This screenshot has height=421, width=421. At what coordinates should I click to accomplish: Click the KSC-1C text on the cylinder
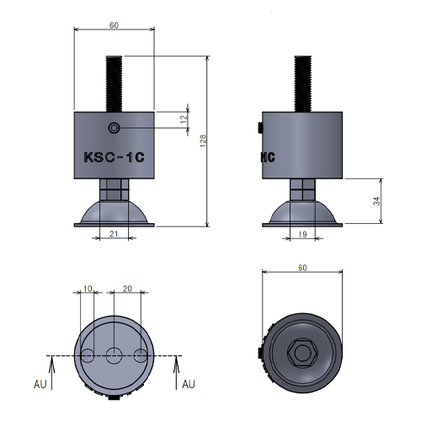[115, 157]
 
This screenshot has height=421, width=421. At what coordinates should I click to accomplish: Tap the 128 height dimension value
[203, 141]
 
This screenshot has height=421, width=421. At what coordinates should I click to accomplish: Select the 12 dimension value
[184, 119]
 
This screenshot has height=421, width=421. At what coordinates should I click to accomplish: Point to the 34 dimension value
[376, 201]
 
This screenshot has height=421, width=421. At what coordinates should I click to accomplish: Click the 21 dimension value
[114, 233]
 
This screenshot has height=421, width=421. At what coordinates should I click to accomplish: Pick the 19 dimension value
[302, 234]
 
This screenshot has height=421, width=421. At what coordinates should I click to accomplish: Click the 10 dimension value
[88, 289]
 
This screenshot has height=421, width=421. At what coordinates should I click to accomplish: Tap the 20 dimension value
[127, 289]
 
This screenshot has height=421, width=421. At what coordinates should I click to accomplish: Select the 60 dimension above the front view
[114, 25]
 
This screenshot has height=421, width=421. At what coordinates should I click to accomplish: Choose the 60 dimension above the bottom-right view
[302, 268]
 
